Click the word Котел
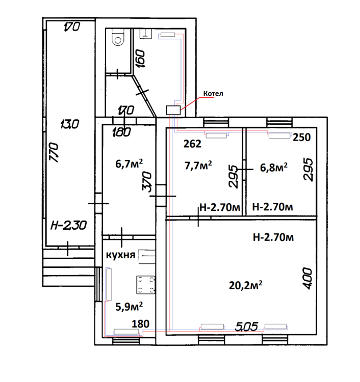point(213,94)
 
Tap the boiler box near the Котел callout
point(173,110)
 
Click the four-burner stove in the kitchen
point(146,285)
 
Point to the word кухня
point(120,255)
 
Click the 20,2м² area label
point(246,285)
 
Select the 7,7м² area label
point(198,166)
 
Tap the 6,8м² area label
point(274,168)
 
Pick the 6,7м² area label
point(129,163)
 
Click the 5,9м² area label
point(129,307)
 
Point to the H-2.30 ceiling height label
point(68,225)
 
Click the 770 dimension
point(54,152)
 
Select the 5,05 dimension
point(246,326)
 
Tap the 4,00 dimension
point(307,279)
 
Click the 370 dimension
point(147,182)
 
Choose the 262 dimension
point(192,144)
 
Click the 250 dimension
point(302,138)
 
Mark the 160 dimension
point(140,59)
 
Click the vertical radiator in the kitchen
point(109,284)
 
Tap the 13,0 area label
point(70,124)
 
